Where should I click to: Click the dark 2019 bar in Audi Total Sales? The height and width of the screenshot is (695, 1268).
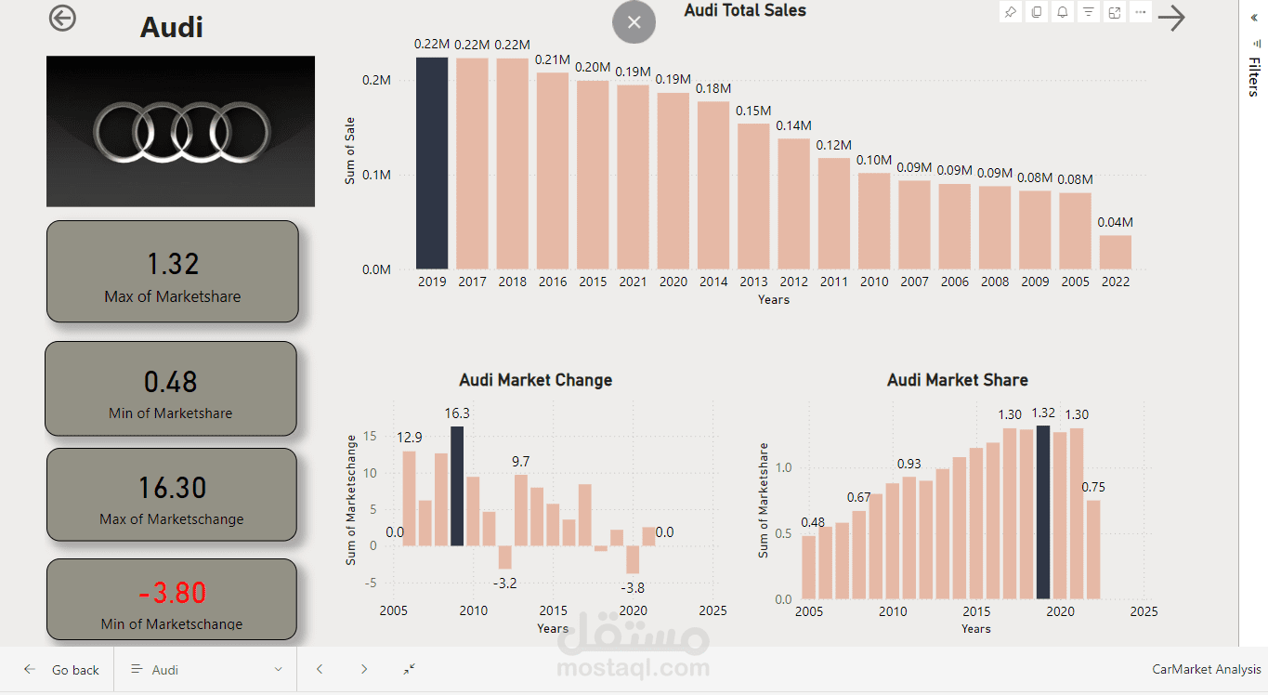(432, 164)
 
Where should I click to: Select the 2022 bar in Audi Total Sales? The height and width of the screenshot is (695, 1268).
(1116, 252)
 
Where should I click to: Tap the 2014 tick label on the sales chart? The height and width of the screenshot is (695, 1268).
(713, 282)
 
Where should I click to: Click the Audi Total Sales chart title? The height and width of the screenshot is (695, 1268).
(745, 11)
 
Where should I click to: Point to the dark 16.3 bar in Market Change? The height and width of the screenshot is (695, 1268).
(456, 486)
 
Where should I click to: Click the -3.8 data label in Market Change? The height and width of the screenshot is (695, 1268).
(633, 587)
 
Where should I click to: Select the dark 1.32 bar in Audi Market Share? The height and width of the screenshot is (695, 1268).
(1043, 512)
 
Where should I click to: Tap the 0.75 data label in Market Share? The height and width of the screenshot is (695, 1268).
(1093, 488)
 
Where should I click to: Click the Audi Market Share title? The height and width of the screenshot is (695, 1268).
(957, 380)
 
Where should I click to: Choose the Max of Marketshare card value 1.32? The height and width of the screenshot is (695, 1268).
(173, 264)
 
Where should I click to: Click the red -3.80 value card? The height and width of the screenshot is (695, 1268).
(172, 592)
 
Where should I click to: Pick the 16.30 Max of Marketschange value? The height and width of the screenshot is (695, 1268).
(172, 488)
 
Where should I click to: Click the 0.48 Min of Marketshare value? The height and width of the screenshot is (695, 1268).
(171, 382)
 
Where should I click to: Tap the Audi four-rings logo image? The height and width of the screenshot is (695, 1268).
(181, 131)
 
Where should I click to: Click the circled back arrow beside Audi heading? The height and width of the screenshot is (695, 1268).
(62, 19)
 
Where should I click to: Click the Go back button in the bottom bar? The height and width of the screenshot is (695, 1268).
(62, 670)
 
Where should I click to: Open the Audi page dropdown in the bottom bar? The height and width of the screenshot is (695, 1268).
(206, 670)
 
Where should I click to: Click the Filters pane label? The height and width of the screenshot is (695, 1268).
(1253, 77)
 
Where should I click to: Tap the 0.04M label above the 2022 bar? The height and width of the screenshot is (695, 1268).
(1116, 222)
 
